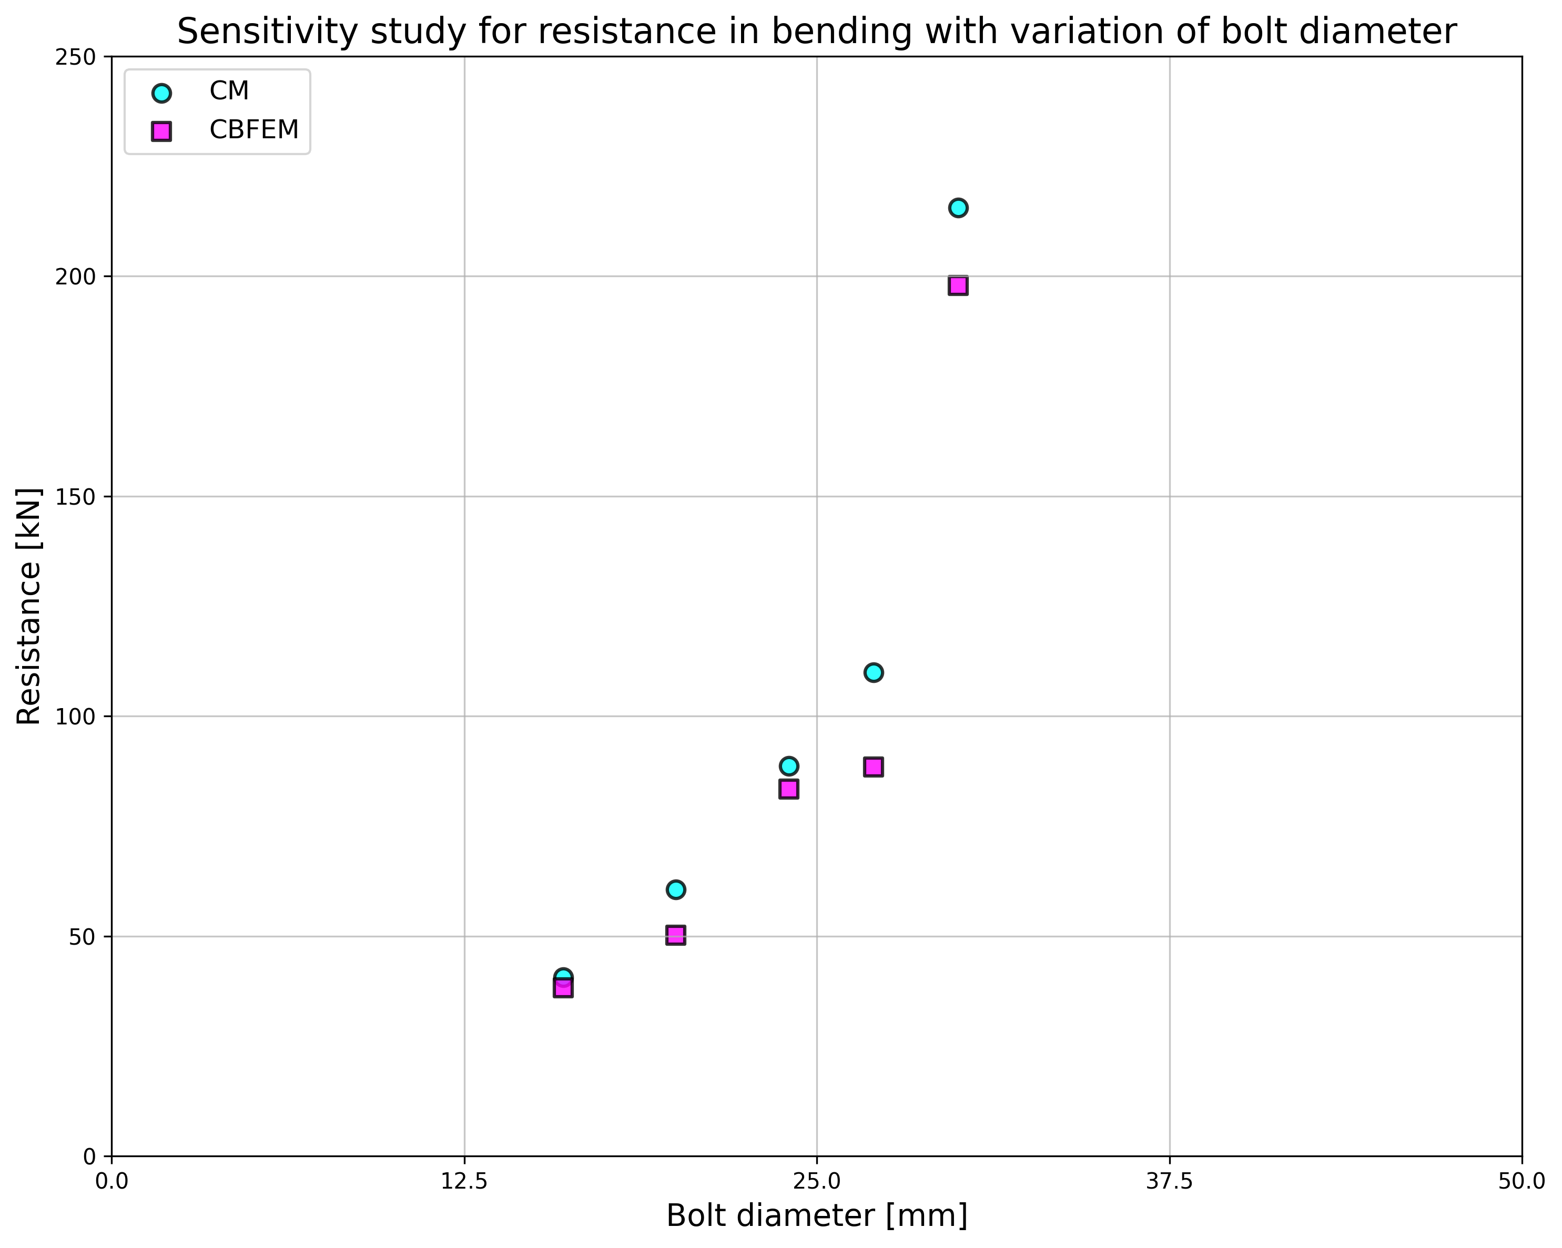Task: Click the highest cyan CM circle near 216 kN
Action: [x=958, y=208]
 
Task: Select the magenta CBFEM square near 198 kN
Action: [x=958, y=285]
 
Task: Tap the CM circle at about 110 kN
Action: [x=873, y=672]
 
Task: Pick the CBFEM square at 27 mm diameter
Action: [x=873, y=767]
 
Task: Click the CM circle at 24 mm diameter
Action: [x=789, y=765]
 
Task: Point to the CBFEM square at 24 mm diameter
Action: [x=789, y=789]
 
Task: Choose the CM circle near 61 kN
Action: [x=675, y=889]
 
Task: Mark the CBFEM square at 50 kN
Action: [x=675, y=935]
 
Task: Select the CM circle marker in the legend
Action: [x=161, y=93]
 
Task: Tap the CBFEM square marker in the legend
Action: [x=161, y=131]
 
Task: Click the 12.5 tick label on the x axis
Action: [x=464, y=1181]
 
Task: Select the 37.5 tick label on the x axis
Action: [x=1169, y=1181]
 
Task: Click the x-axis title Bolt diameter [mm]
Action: [x=816, y=1216]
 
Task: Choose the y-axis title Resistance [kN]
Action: [x=29, y=606]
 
